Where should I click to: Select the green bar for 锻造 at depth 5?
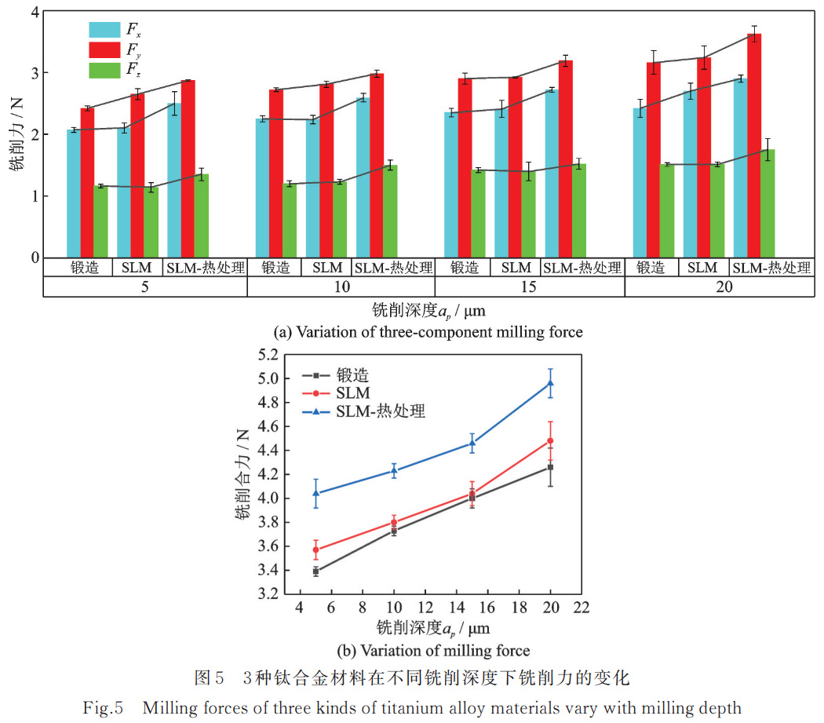[x=100, y=221]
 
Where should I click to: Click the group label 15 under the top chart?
[x=530, y=287]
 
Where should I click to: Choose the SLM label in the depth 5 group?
[x=138, y=268]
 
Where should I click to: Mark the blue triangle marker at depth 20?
[x=551, y=383]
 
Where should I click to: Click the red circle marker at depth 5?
[x=315, y=550]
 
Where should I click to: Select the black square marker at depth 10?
[x=394, y=531]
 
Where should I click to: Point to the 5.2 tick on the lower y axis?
[x=269, y=355]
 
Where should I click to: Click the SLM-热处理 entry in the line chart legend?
[x=381, y=411]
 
